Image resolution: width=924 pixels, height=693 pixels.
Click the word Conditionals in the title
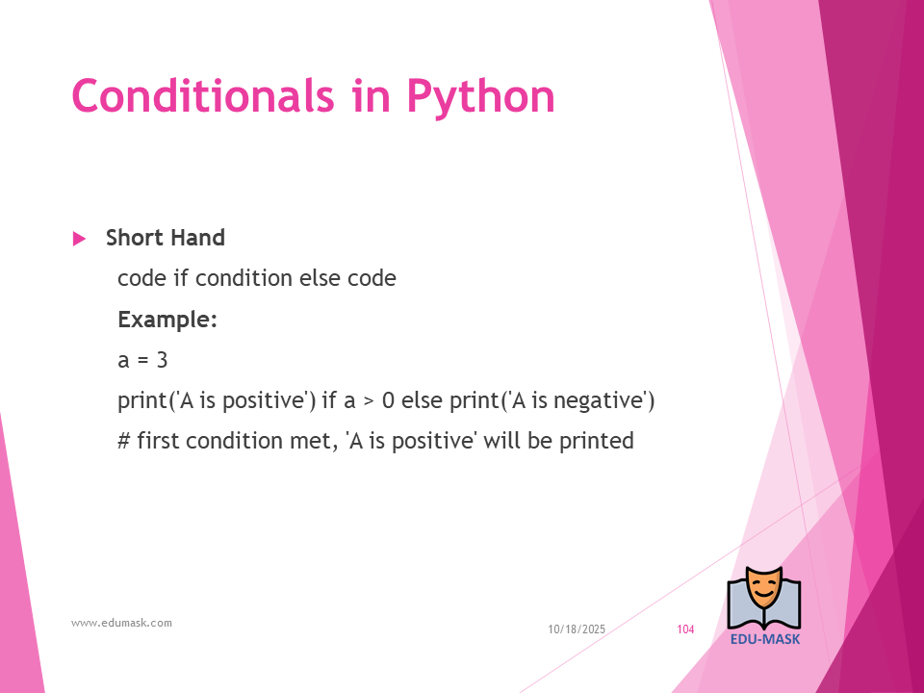click(203, 95)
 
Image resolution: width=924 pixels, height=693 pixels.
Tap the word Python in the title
click(481, 98)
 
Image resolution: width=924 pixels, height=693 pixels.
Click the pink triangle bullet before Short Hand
click(79, 239)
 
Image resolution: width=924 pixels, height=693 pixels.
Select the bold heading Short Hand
click(166, 238)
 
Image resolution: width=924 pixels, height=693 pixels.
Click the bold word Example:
click(167, 320)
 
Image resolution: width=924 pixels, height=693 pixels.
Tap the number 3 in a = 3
click(162, 360)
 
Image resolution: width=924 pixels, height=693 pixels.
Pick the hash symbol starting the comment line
click(124, 441)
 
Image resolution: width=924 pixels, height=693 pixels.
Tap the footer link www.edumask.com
click(122, 623)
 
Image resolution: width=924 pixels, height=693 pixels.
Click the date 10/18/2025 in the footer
click(577, 629)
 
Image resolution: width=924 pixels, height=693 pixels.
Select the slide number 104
click(685, 629)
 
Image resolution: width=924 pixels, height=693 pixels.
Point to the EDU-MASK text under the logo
click(765, 639)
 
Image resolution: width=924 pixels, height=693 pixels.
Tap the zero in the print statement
click(388, 400)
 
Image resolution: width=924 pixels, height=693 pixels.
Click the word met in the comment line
click(312, 442)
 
